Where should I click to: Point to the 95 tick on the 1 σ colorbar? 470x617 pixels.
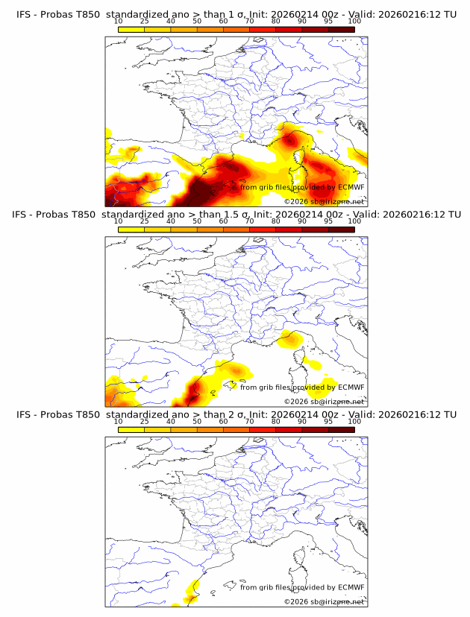[x=328, y=22]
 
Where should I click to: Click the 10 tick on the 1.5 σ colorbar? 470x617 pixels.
[x=119, y=222]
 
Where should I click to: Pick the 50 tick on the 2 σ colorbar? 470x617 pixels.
[x=197, y=422]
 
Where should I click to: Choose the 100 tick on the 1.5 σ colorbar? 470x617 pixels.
[x=354, y=222]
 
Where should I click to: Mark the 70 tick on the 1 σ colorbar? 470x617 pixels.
[x=249, y=22]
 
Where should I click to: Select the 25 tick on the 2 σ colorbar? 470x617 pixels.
[x=145, y=422]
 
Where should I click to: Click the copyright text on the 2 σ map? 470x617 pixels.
[x=324, y=601]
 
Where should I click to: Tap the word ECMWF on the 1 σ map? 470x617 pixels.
[x=351, y=188]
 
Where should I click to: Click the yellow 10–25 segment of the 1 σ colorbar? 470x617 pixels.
[x=131, y=29]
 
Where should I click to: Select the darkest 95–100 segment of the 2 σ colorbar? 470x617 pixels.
[x=341, y=428]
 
